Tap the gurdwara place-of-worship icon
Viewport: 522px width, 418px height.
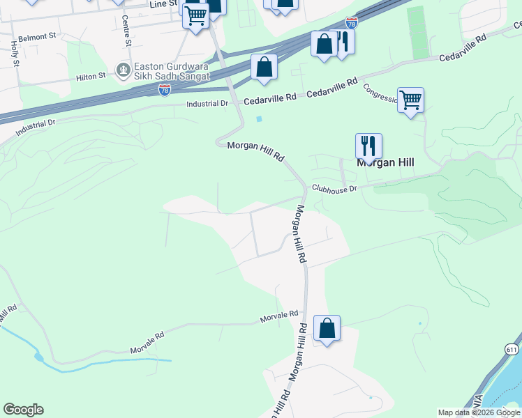coord(123,70)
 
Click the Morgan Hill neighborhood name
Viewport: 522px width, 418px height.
coord(385,162)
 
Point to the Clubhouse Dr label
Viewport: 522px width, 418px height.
coord(334,188)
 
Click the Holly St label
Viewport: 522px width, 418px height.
coord(15,54)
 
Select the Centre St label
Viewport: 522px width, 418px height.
coord(126,31)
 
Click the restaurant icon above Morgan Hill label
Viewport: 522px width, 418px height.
coord(368,146)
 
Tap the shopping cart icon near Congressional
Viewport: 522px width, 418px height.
coord(411,100)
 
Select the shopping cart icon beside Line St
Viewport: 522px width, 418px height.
coord(196,14)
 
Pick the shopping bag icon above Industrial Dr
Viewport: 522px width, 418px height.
coord(264,67)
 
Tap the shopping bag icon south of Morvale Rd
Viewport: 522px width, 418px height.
coord(327,328)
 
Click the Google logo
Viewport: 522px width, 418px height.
coord(23,410)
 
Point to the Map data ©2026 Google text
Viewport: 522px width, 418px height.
coord(479,412)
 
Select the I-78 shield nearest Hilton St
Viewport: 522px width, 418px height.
coord(165,91)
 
